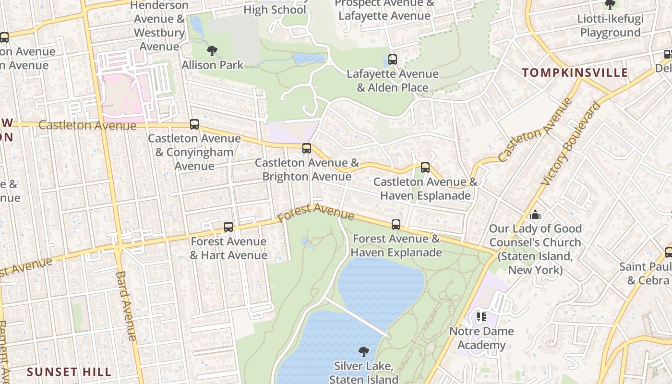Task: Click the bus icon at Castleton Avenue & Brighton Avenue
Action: click(307, 148)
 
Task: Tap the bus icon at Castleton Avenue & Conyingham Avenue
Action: click(194, 124)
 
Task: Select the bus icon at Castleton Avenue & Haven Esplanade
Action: click(425, 168)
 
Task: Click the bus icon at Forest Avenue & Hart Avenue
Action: click(228, 227)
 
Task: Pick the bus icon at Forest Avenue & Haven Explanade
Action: click(396, 225)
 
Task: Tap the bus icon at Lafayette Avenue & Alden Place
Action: click(393, 60)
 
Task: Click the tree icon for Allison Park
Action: click(212, 51)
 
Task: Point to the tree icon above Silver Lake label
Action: click(364, 352)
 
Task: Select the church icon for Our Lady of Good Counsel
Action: click(535, 214)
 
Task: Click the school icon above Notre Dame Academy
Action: click(481, 317)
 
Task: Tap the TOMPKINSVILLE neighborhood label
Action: click(575, 73)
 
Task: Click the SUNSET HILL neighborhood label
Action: click(69, 372)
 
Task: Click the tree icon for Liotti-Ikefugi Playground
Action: click(610, 5)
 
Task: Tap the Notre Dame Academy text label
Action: click(481, 338)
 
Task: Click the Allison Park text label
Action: click(213, 65)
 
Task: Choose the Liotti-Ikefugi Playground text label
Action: click(610, 26)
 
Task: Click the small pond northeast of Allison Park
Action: click(309, 59)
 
